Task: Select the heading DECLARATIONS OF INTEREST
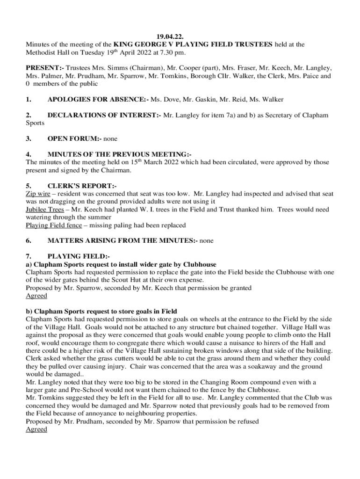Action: [x=104, y=115]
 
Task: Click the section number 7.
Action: [x=29, y=256]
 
